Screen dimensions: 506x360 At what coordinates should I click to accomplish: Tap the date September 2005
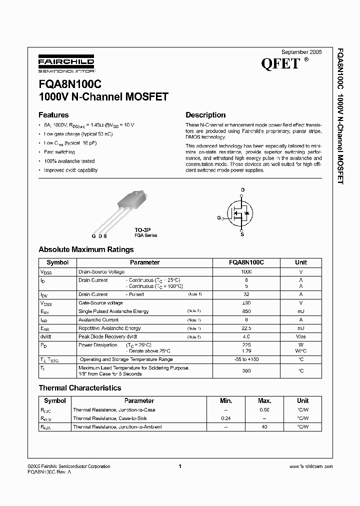tap(302, 52)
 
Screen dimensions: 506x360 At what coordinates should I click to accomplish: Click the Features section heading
tap(53, 115)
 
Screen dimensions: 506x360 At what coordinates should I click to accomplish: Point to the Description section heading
tap(205, 115)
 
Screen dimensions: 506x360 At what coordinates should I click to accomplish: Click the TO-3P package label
tap(141, 229)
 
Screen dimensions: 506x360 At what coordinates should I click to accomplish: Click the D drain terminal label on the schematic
tap(243, 190)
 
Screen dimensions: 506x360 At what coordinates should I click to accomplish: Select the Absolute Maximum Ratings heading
tap(86, 249)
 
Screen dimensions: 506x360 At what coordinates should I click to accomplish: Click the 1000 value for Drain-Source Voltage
tap(246, 271)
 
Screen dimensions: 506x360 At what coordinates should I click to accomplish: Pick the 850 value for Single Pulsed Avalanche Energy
tap(246, 311)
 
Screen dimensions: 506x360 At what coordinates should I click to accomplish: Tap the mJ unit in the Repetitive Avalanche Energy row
tap(300, 328)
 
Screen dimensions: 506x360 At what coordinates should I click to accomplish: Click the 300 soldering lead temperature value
tap(246, 370)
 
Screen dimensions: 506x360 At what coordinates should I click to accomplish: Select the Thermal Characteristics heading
tap(79, 387)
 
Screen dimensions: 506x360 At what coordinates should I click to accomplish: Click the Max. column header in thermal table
tap(264, 401)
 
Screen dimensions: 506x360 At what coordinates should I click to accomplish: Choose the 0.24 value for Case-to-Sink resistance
tap(226, 418)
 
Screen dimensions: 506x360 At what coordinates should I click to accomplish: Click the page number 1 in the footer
tap(179, 466)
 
